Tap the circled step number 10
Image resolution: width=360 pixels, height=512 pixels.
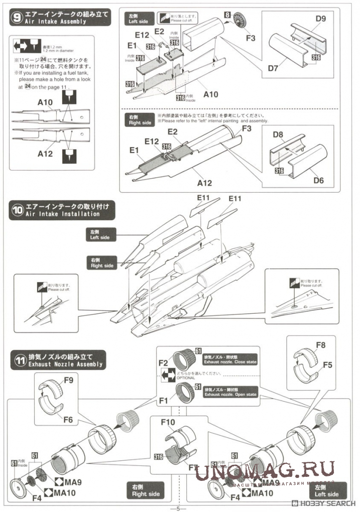point(18,210)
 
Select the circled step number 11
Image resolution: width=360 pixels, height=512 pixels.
point(18,359)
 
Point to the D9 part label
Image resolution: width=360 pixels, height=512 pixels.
point(321,20)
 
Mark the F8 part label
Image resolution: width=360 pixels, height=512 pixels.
point(320,345)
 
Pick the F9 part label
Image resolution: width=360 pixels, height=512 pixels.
point(68,380)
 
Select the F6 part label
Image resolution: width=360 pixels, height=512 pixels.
point(68,419)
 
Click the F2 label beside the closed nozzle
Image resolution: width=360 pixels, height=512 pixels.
point(163,361)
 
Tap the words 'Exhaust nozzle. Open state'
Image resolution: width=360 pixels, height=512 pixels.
point(230,395)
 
